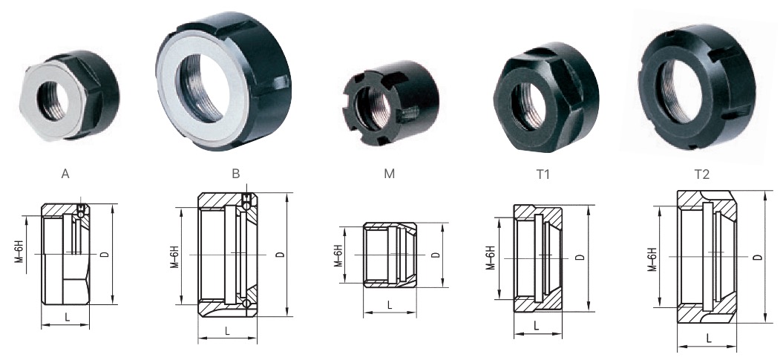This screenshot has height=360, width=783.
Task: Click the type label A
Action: (65, 175)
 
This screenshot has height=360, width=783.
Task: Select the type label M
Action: (390, 175)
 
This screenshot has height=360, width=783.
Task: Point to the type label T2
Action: (702, 175)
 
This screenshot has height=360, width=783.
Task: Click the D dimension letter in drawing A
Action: (105, 254)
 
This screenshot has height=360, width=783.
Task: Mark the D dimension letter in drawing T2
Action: (756, 257)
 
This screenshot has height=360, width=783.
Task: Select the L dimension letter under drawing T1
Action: (536, 325)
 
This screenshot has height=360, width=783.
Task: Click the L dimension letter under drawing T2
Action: (709, 338)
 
